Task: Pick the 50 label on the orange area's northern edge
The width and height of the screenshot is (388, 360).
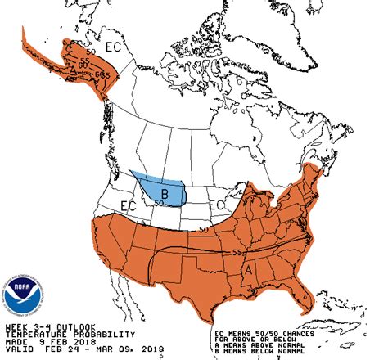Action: (204, 230)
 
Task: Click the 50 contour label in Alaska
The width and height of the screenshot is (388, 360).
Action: (89, 52)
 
